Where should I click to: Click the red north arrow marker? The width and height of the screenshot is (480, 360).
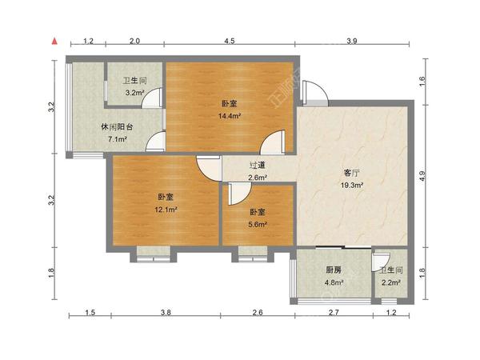point(54,39)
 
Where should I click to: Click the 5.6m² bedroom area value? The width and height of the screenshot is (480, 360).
point(257,225)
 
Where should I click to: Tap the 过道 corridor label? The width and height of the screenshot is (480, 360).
point(257,166)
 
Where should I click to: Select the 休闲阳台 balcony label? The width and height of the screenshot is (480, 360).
point(117,127)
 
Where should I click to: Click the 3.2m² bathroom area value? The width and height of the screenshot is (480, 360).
point(134,93)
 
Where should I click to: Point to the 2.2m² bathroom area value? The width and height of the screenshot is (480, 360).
point(390,282)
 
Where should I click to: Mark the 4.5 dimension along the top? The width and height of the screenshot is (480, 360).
point(230,40)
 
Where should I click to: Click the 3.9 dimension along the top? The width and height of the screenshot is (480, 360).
point(352,40)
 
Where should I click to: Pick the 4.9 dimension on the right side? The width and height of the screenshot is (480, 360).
point(423,176)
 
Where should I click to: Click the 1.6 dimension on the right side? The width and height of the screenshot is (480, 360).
point(423,79)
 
